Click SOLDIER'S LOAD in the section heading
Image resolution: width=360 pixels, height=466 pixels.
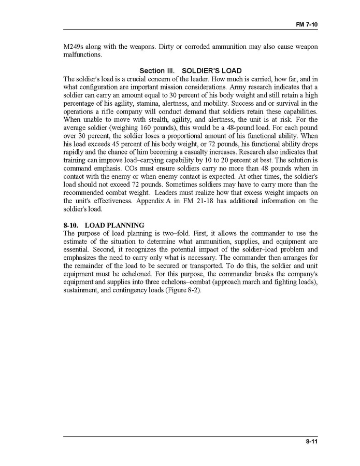[208, 71]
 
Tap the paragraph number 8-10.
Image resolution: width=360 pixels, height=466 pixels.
[70, 225]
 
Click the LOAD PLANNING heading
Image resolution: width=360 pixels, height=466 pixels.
[114, 225]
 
